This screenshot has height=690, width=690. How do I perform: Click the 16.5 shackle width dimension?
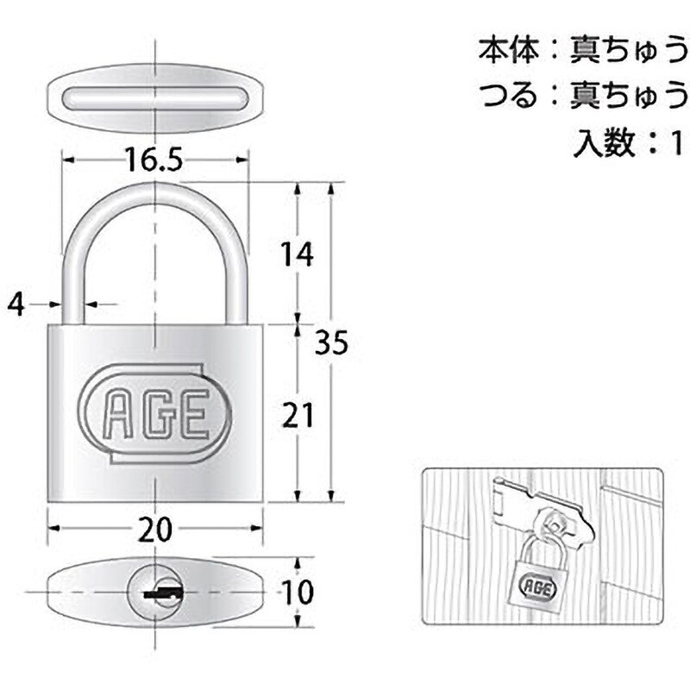pyautogui.click(x=154, y=160)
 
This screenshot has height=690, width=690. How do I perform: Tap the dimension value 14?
pyautogui.click(x=298, y=254)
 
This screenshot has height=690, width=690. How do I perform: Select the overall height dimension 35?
pyautogui.click(x=332, y=342)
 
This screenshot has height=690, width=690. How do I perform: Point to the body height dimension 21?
pyautogui.click(x=298, y=415)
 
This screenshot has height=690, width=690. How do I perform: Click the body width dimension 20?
pyautogui.click(x=155, y=530)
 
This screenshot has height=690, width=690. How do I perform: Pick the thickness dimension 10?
pyautogui.click(x=298, y=592)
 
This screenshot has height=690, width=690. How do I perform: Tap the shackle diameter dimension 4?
pyautogui.click(x=16, y=304)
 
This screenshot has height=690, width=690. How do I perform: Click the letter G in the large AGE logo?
pyautogui.click(x=155, y=414)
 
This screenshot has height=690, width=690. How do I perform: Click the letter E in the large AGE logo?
pyautogui.click(x=191, y=414)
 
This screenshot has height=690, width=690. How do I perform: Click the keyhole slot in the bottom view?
pyautogui.click(x=163, y=593)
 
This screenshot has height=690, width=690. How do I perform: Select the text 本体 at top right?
pyautogui.click(x=509, y=49)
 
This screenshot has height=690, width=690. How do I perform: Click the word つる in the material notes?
pyautogui.click(x=509, y=95)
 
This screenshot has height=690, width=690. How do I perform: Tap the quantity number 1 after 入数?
pyautogui.click(x=676, y=142)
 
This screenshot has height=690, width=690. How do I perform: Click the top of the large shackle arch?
pyautogui.click(x=155, y=188)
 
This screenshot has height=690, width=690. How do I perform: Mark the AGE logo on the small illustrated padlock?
pyautogui.click(x=537, y=587)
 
